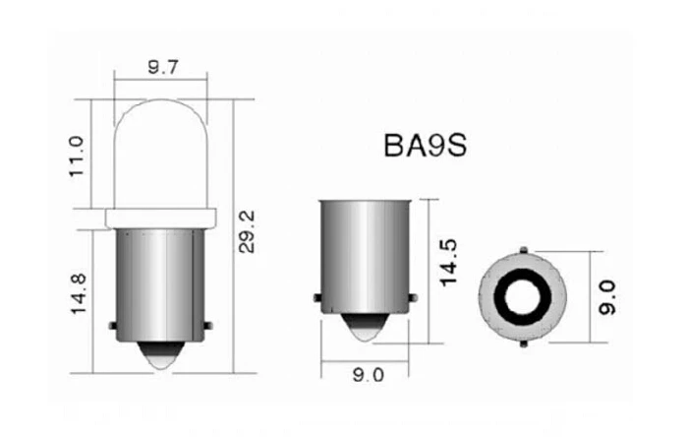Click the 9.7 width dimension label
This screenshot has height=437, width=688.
click(161, 67)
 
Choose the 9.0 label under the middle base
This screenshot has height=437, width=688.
click(367, 374)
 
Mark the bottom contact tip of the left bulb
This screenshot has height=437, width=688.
click(161, 358)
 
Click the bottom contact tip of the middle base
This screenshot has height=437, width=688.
click(366, 333)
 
